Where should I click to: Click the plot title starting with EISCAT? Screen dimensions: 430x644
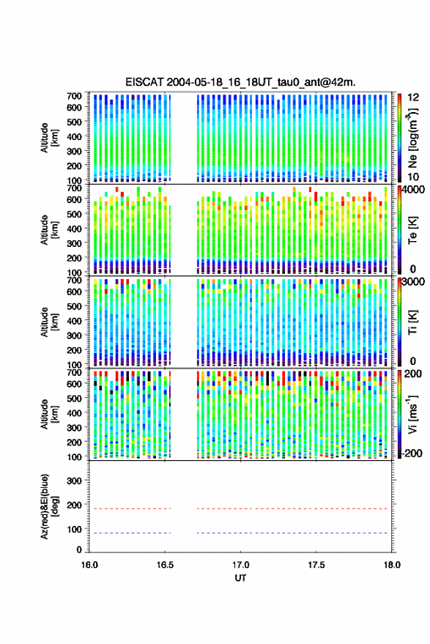240,82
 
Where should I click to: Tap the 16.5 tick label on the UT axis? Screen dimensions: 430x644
165,565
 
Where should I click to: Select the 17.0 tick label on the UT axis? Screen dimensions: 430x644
240,565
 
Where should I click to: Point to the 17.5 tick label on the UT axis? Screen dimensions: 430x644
316,565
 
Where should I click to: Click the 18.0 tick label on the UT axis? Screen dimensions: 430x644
392,565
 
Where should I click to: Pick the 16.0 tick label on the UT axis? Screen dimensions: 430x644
89,565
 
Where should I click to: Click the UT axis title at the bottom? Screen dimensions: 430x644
240,578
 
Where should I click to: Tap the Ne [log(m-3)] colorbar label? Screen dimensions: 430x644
412,137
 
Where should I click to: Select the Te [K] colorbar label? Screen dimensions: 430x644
412,230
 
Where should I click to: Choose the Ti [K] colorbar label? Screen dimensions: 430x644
412,322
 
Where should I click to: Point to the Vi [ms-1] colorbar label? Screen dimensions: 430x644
412,414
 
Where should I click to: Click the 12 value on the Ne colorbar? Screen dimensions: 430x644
413,97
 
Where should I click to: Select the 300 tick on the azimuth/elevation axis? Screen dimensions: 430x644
74,481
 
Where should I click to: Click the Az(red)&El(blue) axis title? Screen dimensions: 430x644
50,506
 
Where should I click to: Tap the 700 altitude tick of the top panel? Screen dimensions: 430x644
74,96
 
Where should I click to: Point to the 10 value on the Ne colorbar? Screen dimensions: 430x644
413,177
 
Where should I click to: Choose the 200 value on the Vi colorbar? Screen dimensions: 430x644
413,374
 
